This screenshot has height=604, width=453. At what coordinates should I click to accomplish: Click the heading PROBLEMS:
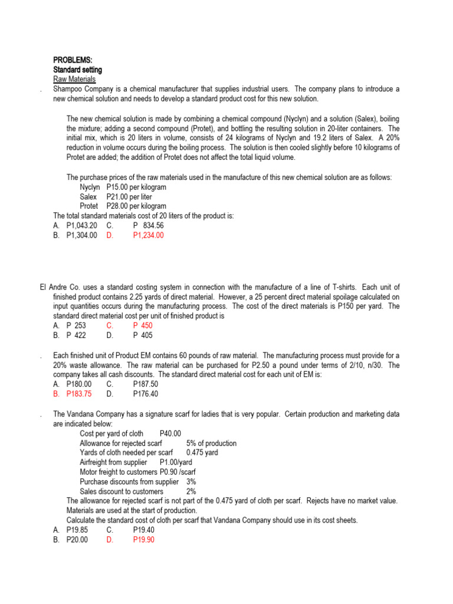tap(73, 60)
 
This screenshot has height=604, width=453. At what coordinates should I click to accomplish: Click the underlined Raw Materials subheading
tap(74, 79)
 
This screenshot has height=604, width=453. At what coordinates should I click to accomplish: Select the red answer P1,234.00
tap(148, 235)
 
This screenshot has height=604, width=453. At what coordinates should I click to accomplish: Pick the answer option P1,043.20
tap(82, 226)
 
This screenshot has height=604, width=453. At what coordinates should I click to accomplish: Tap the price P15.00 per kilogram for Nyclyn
tap(136, 187)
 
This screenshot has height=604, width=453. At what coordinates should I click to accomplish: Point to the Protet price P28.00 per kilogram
tap(136, 206)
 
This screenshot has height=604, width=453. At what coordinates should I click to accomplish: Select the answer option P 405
tap(142, 336)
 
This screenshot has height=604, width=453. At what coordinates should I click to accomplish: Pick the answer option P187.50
tap(146, 384)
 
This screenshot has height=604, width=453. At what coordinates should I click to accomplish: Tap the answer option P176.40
tap(146, 394)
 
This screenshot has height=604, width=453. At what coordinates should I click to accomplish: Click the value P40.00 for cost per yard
tap(170, 434)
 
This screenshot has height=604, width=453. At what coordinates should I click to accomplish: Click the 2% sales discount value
tap(191, 491)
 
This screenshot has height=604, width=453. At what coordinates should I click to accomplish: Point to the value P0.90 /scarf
tap(179, 472)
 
